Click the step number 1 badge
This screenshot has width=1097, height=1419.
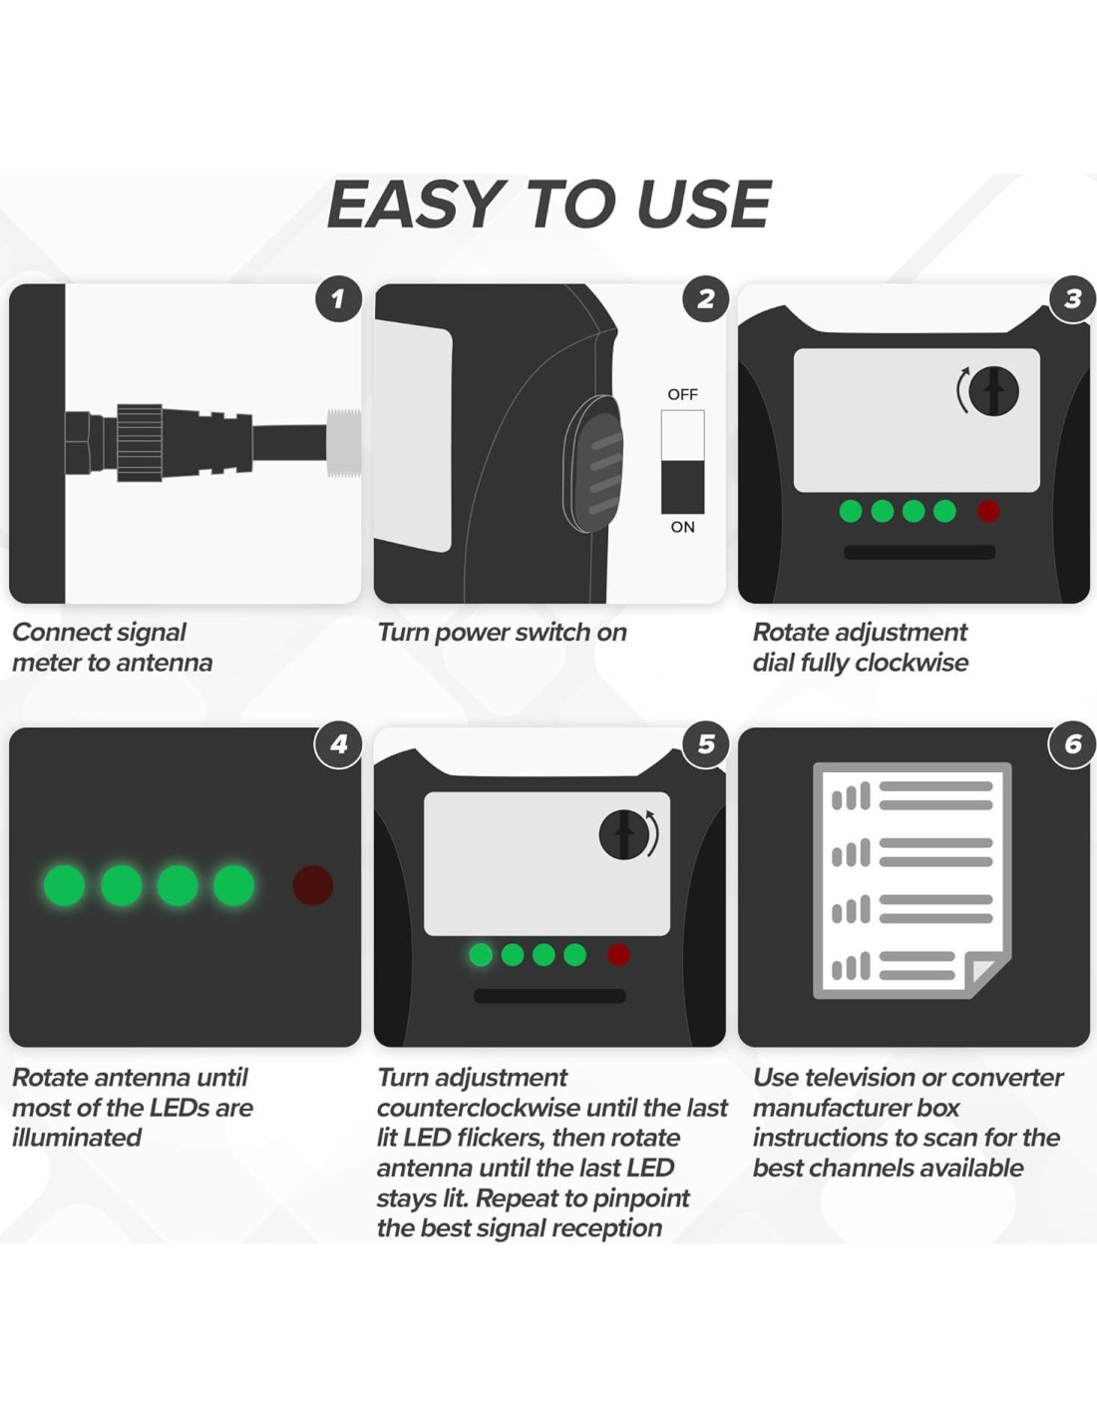(x=338, y=299)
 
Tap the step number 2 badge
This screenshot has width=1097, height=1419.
(x=705, y=299)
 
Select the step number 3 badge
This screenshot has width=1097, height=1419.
(x=1072, y=299)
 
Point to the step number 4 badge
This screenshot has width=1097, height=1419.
(x=338, y=743)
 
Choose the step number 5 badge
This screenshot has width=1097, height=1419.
(x=705, y=743)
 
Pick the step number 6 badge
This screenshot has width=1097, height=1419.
(x=1072, y=743)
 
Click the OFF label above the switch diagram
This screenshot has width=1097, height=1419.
(x=682, y=394)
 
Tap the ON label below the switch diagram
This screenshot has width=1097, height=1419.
(x=682, y=527)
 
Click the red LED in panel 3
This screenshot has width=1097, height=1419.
(x=988, y=511)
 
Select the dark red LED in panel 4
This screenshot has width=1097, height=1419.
(x=313, y=885)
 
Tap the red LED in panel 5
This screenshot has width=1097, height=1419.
(x=618, y=955)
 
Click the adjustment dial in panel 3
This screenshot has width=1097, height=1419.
(x=993, y=391)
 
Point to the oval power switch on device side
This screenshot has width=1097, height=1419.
(x=592, y=464)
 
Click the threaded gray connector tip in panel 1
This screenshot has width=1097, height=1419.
(x=343, y=443)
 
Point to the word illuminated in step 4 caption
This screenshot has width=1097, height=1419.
(x=77, y=1138)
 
